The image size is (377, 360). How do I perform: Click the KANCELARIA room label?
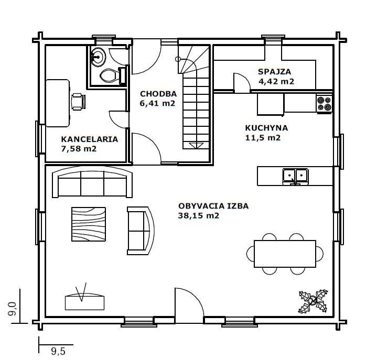90,139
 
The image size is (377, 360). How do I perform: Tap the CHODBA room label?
158,94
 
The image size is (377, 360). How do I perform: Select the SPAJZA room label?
275,72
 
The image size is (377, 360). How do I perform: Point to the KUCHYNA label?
266,128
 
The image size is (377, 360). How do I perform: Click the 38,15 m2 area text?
199,215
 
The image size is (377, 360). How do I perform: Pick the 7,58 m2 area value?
79,149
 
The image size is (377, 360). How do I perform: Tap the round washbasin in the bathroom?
98,57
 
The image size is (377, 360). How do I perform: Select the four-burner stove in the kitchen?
324,104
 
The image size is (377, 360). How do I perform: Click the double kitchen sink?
296,177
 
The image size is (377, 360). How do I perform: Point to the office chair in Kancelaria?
78,102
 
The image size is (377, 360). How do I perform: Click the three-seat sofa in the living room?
92,182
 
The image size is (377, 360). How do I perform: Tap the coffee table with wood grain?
89,224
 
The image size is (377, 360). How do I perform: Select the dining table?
285,254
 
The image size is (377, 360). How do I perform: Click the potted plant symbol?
313,301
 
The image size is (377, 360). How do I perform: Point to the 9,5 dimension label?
58,351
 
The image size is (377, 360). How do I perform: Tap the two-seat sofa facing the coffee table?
141,231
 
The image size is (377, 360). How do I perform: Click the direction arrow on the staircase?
196,146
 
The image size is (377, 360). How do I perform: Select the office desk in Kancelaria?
58,103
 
